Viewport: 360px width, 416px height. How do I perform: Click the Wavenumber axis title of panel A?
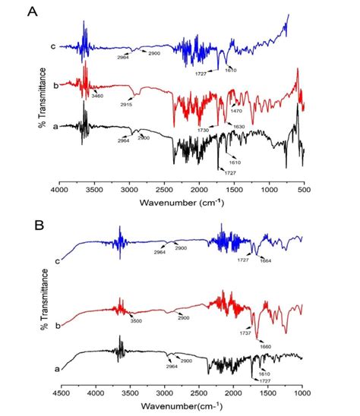(181, 202)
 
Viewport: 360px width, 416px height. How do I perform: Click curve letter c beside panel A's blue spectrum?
(53, 46)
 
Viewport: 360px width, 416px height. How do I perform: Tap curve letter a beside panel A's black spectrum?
(53, 130)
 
